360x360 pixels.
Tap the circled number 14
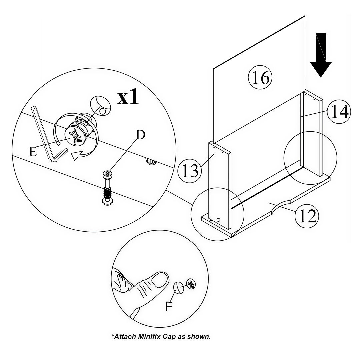click(x=338, y=112)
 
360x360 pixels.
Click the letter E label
click(x=33, y=152)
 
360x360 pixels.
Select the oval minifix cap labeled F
click(x=179, y=287)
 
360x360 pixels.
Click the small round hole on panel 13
click(x=218, y=220)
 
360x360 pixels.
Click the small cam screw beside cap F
click(x=191, y=284)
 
